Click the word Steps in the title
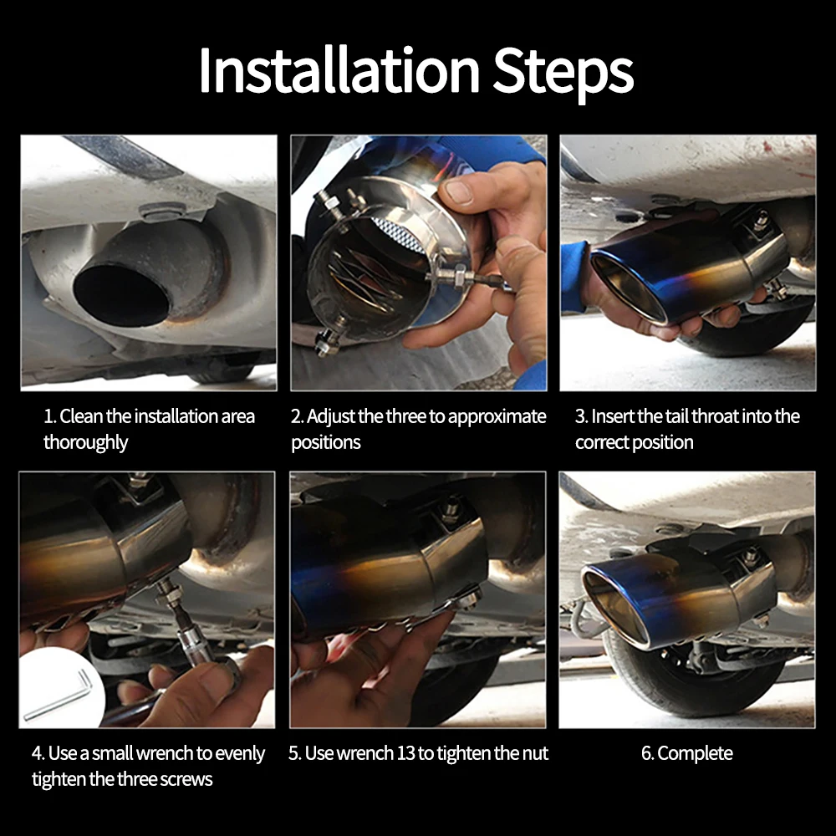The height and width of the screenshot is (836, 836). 563,74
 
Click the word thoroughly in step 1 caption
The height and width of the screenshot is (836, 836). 85,442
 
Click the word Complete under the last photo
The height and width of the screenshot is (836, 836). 695,753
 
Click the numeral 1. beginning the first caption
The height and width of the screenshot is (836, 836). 50,416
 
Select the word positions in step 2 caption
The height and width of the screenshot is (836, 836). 326,442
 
